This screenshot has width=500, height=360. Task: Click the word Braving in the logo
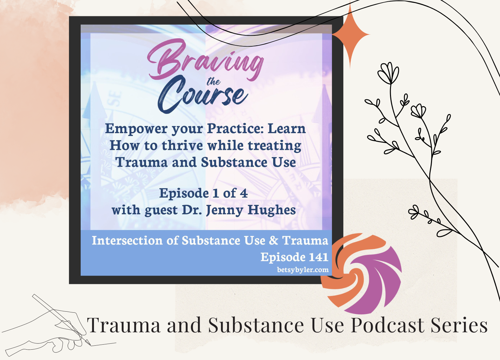[x=205, y=60]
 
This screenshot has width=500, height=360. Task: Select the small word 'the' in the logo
[x=213, y=82]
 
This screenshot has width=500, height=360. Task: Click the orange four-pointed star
[x=350, y=35]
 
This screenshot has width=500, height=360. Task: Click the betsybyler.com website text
[x=303, y=270]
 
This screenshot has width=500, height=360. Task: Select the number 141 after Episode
[x=319, y=257]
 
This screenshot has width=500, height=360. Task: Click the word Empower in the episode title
[x=136, y=129]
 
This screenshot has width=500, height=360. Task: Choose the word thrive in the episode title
[x=182, y=146]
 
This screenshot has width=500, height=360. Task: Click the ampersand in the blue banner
[x=273, y=240]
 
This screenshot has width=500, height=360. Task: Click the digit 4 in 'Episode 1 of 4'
[x=244, y=193]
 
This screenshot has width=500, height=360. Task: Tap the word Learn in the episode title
[x=287, y=129]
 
